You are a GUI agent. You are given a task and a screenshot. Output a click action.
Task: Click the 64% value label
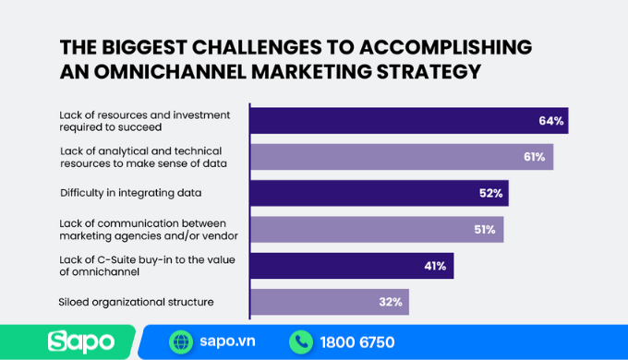pos(550,121)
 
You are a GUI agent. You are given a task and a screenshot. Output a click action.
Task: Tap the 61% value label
pos(534,157)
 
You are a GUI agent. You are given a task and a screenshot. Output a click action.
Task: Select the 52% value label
pos(490,193)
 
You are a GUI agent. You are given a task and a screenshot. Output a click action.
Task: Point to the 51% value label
pos(485,229)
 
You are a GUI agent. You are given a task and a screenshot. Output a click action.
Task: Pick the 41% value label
pos(436,266)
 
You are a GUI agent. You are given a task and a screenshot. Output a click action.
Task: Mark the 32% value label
pos(390,302)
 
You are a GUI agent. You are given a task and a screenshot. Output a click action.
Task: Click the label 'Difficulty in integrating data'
pos(129,193)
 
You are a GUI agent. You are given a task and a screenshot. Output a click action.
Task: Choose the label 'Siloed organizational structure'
pos(136,302)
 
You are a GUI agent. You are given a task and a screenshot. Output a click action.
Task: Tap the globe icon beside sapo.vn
pos(181,342)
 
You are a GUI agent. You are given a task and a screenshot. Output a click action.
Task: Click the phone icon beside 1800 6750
pos(300,342)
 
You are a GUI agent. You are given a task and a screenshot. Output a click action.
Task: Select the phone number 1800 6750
pos(356,342)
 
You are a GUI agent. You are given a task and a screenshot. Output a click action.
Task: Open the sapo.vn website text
pos(225,342)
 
